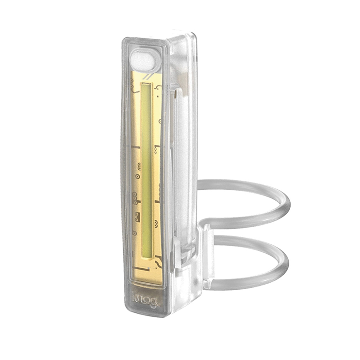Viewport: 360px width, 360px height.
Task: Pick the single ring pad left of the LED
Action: [x=138, y=175]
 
